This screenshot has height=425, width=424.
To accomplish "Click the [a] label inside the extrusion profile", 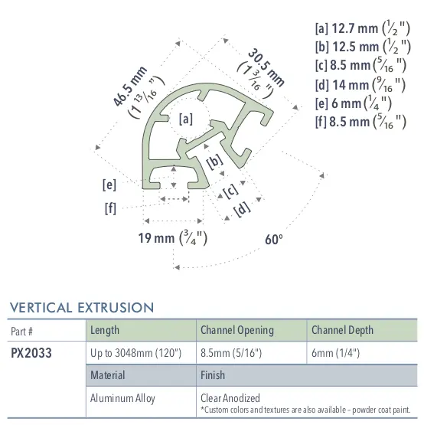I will pos(185,119).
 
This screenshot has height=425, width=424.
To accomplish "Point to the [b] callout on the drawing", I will pos(214,162).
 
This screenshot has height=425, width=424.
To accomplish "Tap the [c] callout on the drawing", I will pos(227,190).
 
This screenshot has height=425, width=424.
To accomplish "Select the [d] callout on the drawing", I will pos(242,207).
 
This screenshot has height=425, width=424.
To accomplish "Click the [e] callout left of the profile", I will pos(109,184).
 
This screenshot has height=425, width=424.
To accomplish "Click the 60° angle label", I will pos(274,240).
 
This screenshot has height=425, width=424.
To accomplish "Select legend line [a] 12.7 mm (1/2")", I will pos(357,28).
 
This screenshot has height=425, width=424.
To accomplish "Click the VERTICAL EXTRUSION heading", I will pos(81,308).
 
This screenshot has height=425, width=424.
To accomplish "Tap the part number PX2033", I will pos(31,354).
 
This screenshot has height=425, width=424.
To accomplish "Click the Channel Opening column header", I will pos(236,330).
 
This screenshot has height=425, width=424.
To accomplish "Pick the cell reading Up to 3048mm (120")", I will pos(135,354).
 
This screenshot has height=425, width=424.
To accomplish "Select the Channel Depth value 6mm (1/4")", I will pos(335,354).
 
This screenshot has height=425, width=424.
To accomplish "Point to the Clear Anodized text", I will pos(230,397).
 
